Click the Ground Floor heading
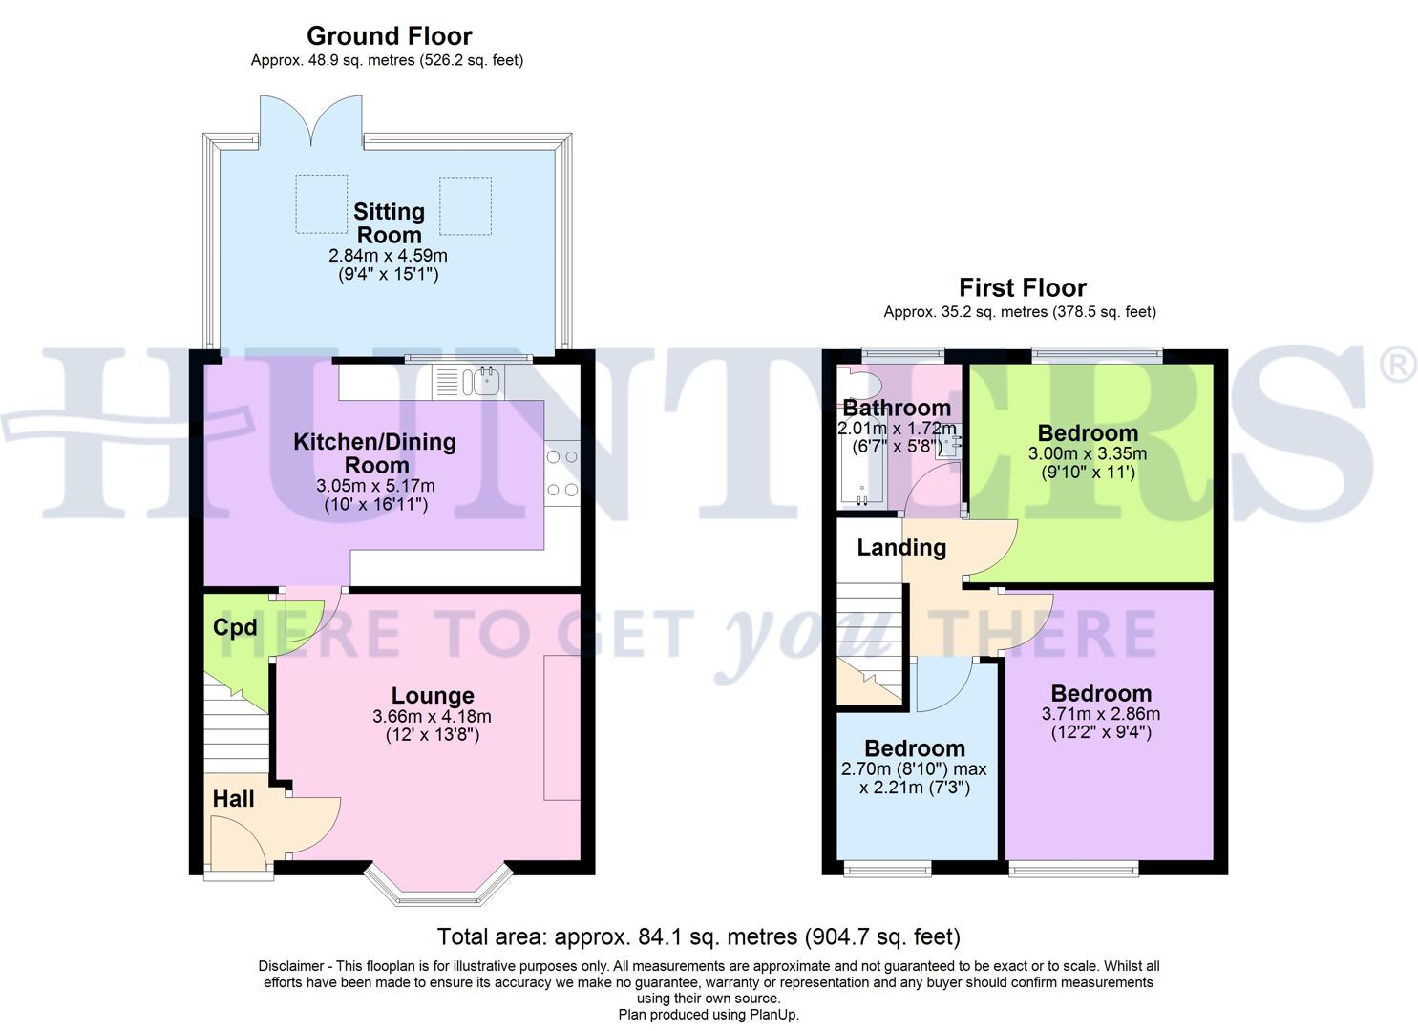point(389,36)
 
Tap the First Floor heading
point(1022,287)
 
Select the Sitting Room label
point(389,222)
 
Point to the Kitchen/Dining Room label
point(374,453)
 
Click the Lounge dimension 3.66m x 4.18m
point(432,716)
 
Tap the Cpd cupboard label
point(235,627)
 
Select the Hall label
point(233,799)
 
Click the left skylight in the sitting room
point(321,204)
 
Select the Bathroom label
point(896,409)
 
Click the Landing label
point(900,547)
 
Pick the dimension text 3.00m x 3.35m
point(1087,453)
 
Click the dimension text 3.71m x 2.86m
point(1100,714)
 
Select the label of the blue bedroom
point(914,748)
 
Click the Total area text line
point(698,936)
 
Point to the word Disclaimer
point(290,966)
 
